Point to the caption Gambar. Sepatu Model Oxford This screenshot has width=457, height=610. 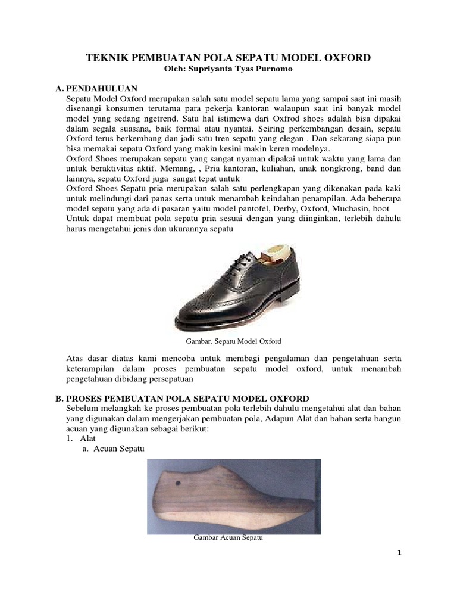tap(230, 341)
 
